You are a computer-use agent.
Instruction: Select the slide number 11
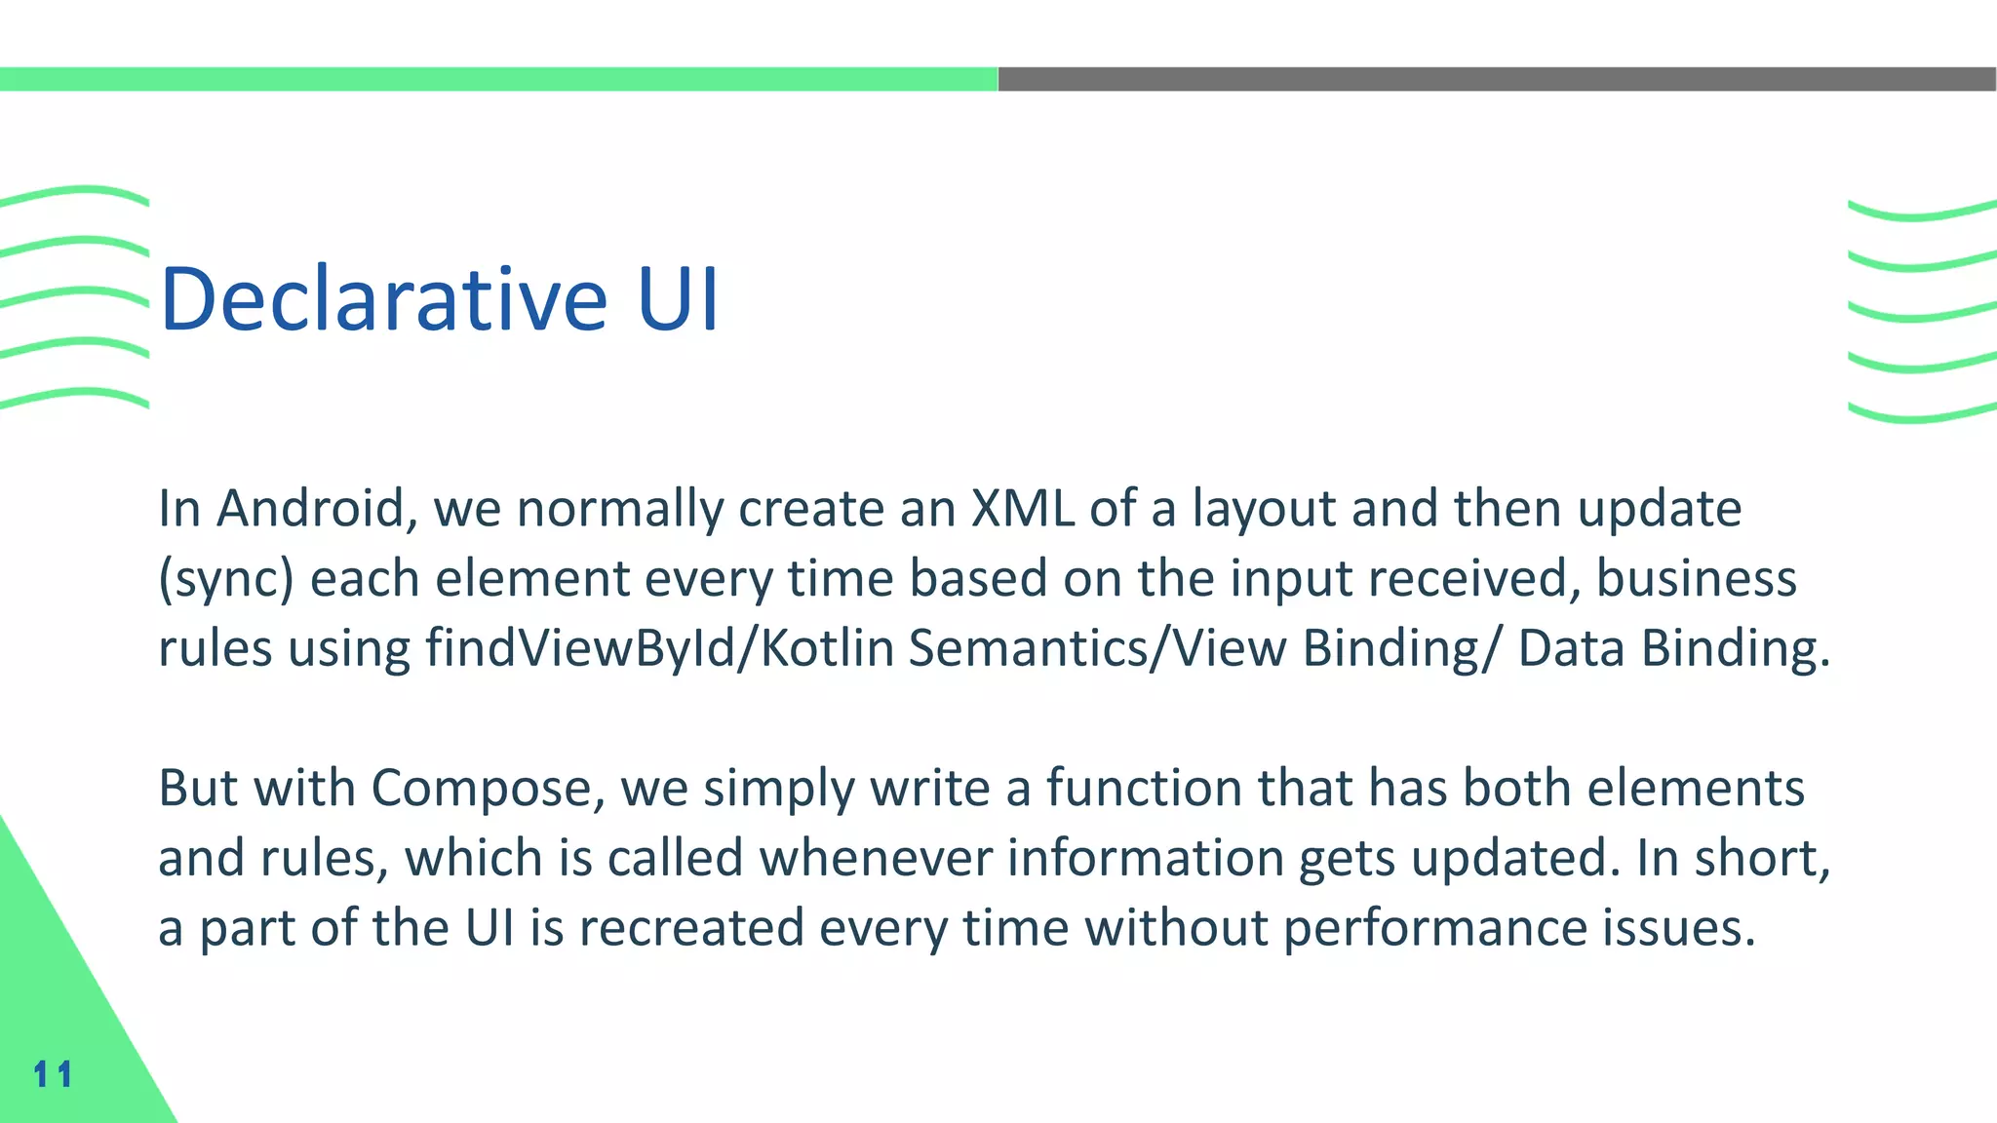[x=53, y=1074]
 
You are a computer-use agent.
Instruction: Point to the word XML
[x=1023, y=509]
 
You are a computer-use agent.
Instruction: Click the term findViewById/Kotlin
[x=659, y=648]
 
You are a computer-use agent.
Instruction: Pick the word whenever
[x=875, y=858]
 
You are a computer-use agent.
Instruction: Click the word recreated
[x=690, y=927]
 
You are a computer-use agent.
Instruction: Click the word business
[x=1696, y=578]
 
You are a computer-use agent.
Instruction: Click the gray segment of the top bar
[x=1497, y=79]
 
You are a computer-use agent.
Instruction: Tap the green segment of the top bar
[x=498, y=79]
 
